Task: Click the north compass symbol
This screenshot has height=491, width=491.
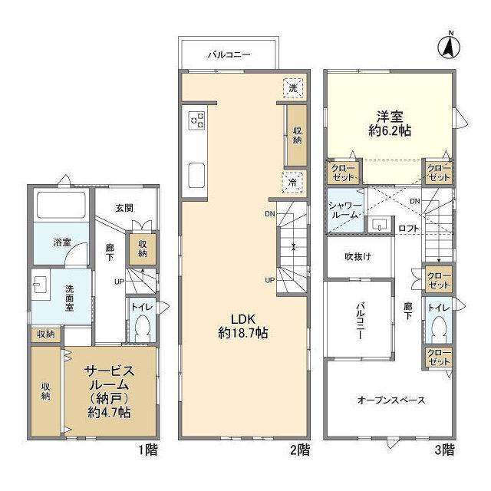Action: point(448,48)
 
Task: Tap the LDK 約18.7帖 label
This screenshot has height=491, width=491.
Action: point(243,326)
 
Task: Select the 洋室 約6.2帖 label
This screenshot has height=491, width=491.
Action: point(390,124)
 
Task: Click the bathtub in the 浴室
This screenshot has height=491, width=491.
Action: point(61,205)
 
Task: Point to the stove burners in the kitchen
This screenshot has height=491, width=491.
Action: point(197,121)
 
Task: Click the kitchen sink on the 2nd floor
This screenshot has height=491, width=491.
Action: point(197,175)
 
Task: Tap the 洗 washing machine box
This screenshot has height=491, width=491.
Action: point(293,88)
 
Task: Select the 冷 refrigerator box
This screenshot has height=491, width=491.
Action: point(292,183)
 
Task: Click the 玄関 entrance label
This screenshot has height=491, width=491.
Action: point(124,208)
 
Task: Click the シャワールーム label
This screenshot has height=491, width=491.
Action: point(345,211)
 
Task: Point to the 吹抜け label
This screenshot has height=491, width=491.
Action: point(358,257)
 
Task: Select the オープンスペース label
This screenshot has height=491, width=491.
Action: point(391,400)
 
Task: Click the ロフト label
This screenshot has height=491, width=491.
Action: point(409,229)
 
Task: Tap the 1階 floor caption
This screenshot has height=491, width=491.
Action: point(148,450)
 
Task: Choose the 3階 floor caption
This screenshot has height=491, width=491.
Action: point(444,450)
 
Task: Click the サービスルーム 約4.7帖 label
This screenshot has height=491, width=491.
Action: point(109,392)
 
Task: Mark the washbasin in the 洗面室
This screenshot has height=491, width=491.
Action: point(40,285)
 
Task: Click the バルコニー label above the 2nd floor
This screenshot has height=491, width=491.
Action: point(229,54)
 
